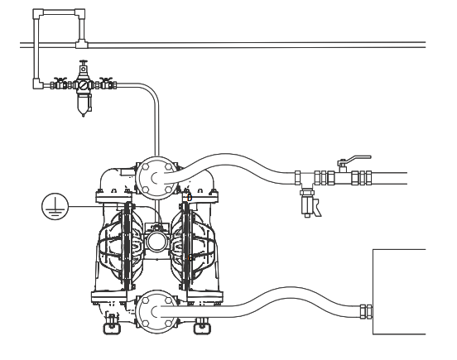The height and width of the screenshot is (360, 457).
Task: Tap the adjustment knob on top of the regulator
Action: coord(84,66)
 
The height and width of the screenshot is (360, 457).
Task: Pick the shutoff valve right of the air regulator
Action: coord(106,83)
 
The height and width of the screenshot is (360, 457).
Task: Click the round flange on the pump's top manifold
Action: coord(155,176)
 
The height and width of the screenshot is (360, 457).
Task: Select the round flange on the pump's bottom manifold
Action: coord(155,312)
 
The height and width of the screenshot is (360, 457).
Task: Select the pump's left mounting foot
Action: coord(109,325)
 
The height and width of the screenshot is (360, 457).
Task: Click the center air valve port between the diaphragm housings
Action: coord(155,241)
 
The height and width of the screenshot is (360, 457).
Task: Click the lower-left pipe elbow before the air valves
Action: coord(37,83)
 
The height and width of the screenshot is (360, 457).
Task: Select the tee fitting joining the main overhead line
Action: coord(83,42)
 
